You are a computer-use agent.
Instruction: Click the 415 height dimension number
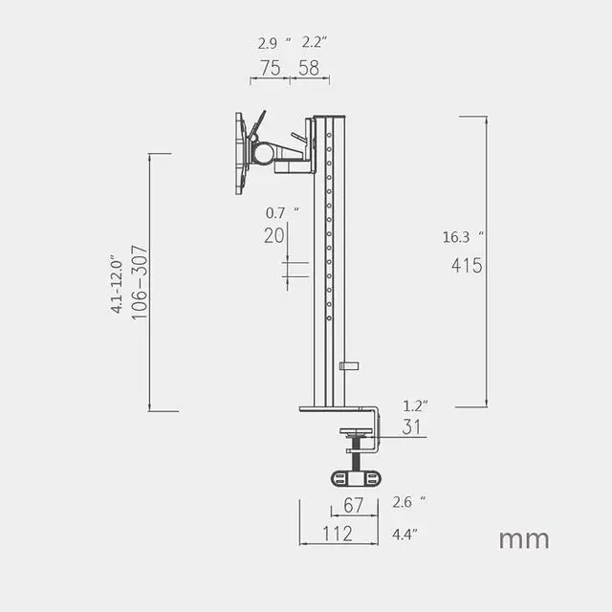467,266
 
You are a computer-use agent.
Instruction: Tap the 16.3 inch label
463,237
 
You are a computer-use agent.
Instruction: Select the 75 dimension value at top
270,68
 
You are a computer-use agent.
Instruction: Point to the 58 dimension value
309,68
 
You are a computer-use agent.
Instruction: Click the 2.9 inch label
274,43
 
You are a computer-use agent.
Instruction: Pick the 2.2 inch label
315,42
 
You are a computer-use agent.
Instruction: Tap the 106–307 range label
140,283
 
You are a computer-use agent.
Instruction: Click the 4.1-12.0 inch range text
117,284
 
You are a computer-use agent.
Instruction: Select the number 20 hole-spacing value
274,236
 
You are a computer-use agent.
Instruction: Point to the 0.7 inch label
282,212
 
